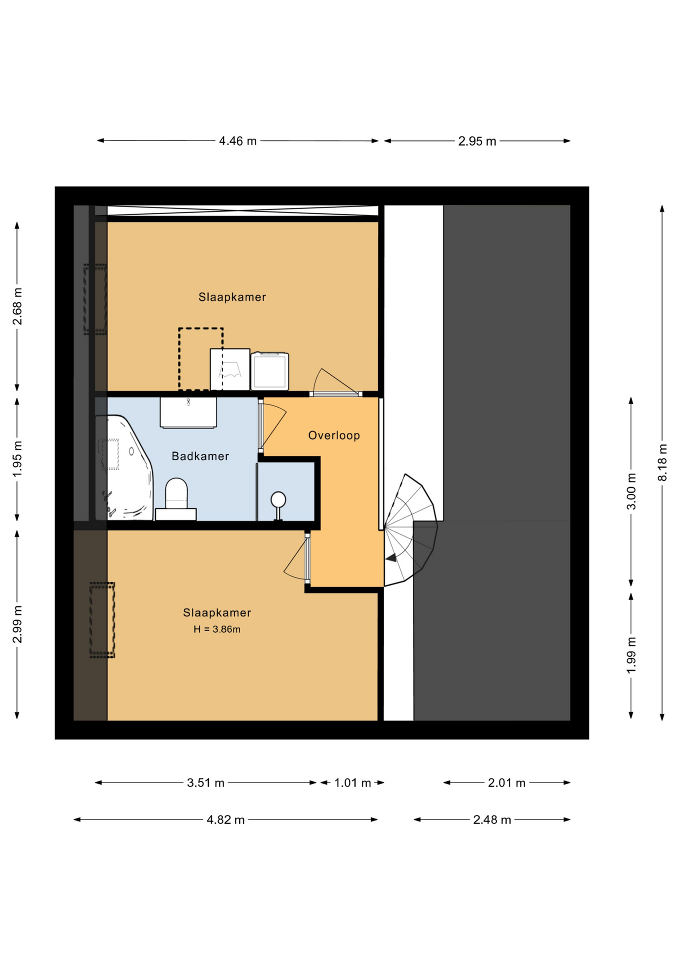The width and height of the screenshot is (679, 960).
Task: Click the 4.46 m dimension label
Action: [237, 141]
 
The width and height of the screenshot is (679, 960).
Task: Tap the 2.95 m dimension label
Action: [477, 141]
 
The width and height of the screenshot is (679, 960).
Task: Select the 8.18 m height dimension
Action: [662, 462]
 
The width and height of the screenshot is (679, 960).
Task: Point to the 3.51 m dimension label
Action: [205, 782]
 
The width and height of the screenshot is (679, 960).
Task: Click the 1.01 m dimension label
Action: [352, 782]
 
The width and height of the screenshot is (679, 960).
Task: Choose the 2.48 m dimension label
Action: [492, 819]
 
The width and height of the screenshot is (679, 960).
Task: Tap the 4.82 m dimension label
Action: [225, 819]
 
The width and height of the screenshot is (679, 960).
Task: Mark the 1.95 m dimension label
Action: [17, 458]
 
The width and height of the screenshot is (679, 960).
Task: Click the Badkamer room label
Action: [200, 456]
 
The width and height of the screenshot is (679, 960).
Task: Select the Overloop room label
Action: [334, 435]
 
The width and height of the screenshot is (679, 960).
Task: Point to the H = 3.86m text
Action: [217, 629]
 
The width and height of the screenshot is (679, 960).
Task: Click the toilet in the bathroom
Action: [176, 499]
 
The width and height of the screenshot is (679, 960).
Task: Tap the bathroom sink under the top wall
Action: [188, 412]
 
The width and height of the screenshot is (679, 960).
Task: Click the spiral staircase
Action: [410, 530]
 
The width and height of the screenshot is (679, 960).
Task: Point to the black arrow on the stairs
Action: [391, 557]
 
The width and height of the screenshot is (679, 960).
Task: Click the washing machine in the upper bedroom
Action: [270, 371]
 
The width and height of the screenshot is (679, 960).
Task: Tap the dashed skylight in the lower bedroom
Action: [102, 619]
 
